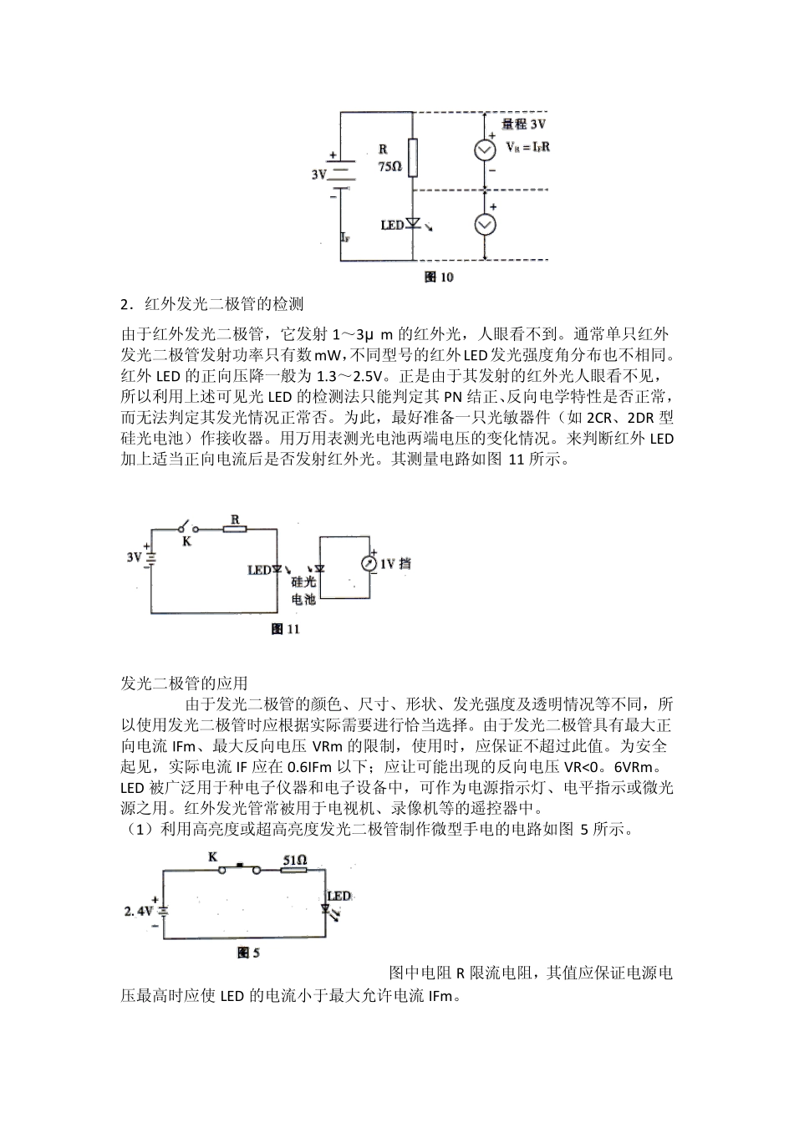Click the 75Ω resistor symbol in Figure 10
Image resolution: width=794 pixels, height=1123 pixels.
point(413,157)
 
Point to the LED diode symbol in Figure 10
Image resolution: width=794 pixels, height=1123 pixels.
point(413,225)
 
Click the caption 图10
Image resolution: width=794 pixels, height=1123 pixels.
point(440,277)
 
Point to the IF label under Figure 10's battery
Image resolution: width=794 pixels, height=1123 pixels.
point(346,237)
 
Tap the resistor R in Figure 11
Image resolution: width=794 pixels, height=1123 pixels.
point(236,528)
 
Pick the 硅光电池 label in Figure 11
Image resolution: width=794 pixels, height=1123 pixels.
point(303,590)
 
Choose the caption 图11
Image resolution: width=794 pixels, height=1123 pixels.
point(286,629)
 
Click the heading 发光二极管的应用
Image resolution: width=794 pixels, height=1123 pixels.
point(184,683)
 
